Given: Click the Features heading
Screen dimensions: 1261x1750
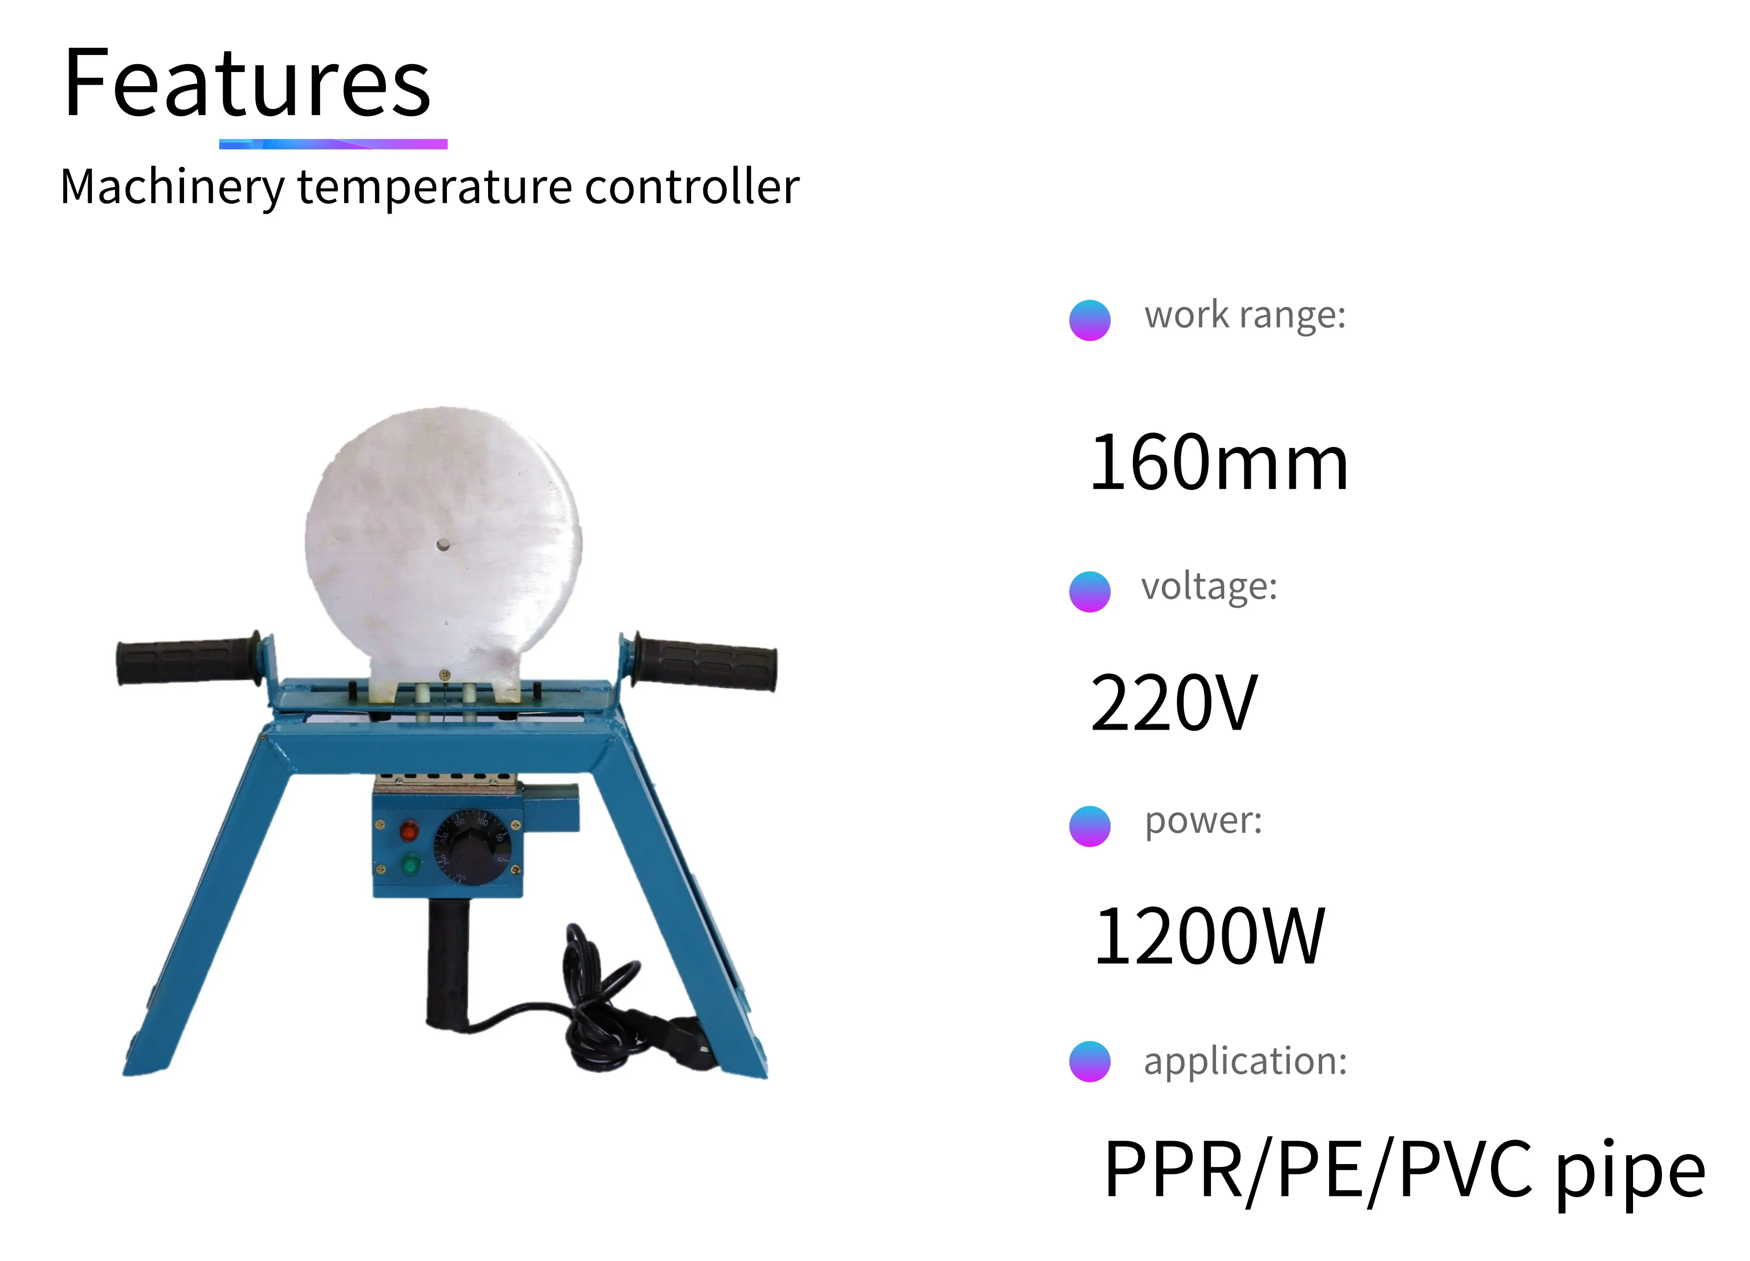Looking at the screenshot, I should coord(247,83).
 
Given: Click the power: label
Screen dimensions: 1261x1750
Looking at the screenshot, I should coord(1203,820).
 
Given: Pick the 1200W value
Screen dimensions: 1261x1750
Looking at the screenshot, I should coord(1208,937).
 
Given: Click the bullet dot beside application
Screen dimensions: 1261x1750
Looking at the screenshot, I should coord(1090,1061).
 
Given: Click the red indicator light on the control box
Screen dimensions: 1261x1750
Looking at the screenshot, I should coord(409,831).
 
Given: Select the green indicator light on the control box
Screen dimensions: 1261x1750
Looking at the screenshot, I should coord(411,863).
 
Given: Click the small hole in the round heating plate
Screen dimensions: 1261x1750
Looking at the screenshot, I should coord(442,545).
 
